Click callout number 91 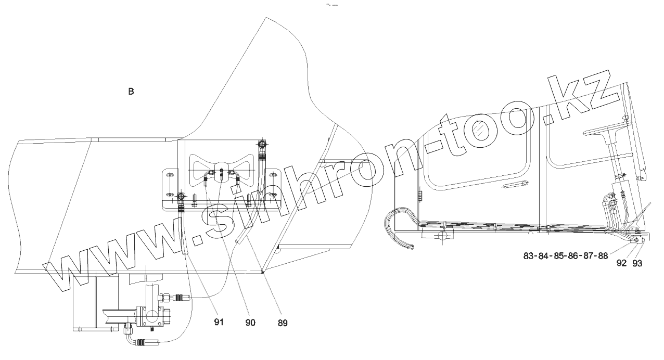219,323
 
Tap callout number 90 250,323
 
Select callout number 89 282,323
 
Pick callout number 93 637,263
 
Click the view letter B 131,92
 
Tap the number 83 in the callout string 529,255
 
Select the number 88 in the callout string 602,255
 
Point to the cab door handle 521,184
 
